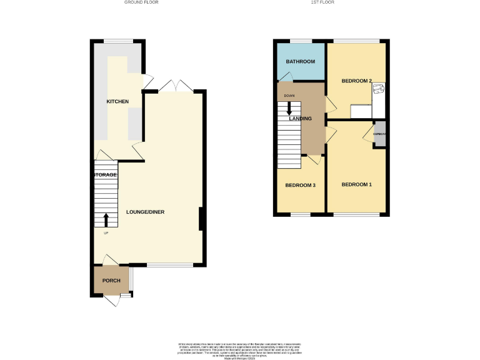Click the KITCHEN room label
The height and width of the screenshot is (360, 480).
pos(117,101)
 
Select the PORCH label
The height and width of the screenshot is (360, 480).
pos(111,281)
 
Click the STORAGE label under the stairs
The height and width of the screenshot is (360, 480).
pos(106,175)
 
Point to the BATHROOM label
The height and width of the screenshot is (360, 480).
pos(301,62)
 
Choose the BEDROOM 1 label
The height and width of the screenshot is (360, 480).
pos(357,184)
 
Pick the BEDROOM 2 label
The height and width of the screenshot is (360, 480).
pos(357,81)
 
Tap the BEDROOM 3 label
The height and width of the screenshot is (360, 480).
pos(301,185)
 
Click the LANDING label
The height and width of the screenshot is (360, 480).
pos(301,118)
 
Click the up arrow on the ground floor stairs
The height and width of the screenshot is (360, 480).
pos(106,220)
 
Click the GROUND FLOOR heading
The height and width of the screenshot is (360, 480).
pos(141,2)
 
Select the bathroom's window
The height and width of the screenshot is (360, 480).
pos(301,42)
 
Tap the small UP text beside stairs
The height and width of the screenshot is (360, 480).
pos(106,234)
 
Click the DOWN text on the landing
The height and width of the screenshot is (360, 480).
pos(289,96)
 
